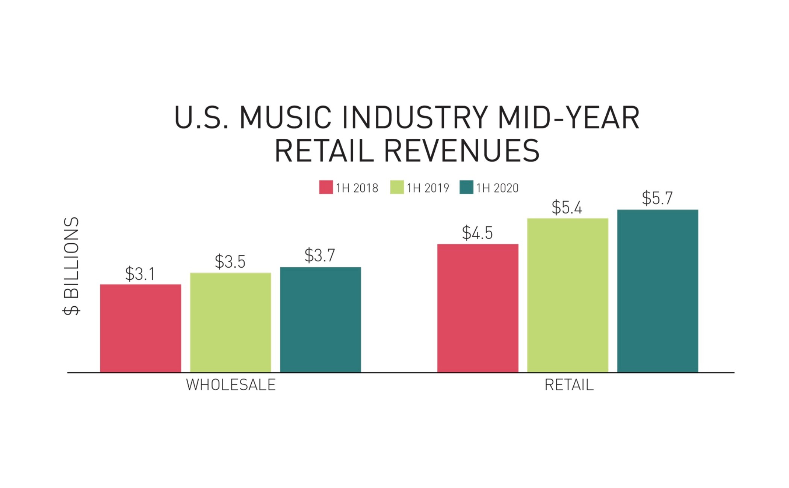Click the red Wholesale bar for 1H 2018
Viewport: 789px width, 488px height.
(x=141, y=328)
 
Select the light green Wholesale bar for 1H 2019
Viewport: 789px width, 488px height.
(x=230, y=323)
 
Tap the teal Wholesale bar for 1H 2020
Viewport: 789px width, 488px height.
(x=320, y=320)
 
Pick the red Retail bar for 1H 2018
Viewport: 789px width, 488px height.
(x=478, y=308)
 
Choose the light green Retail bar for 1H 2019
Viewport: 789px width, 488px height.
(x=568, y=295)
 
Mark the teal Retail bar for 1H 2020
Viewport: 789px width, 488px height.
(x=658, y=291)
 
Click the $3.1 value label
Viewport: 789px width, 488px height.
(x=140, y=274)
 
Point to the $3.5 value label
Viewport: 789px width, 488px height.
(x=230, y=261)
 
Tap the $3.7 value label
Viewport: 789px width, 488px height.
(x=320, y=255)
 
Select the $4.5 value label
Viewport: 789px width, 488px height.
(x=477, y=233)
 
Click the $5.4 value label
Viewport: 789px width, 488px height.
(x=567, y=207)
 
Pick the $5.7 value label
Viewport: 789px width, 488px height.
(x=657, y=198)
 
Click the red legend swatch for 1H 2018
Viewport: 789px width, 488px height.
(x=326, y=187)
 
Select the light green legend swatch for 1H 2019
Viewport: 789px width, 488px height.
(x=397, y=187)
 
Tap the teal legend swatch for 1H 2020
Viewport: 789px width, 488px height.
(x=466, y=187)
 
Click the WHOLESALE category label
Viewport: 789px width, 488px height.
(x=231, y=385)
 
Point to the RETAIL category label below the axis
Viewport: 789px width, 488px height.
(x=569, y=385)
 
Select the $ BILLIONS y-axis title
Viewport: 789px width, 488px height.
(x=71, y=266)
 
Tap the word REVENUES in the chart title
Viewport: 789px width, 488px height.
(x=461, y=151)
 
